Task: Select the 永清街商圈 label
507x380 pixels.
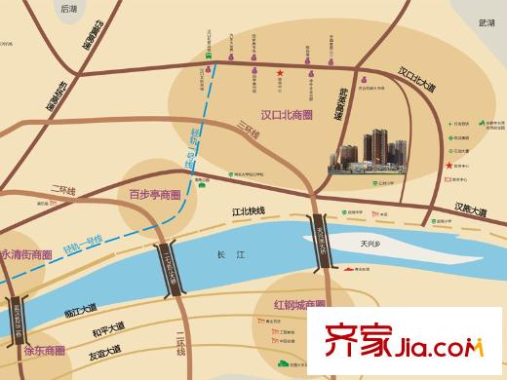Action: (x=25, y=255)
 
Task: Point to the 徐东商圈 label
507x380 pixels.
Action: (x=44, y=350)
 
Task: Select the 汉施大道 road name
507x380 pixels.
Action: (x=471, y=208)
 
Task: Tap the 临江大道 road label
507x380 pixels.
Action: (x=82, y=311)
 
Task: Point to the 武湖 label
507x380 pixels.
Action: (x=487, y=20)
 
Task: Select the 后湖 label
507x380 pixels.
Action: (x=67, y=8)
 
